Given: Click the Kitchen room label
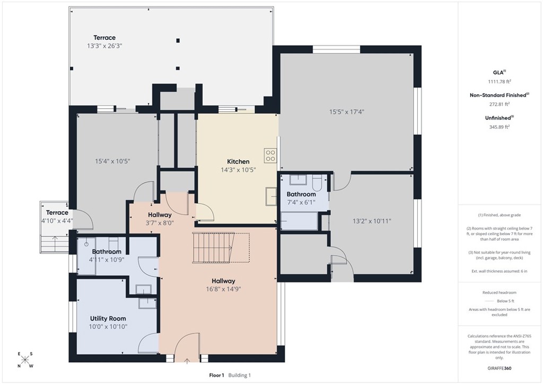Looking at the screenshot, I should point(238,161).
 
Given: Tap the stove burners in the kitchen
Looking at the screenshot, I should point(270,155).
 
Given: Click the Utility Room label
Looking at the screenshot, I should point(108,318).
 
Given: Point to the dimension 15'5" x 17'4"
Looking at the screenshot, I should point(347,112).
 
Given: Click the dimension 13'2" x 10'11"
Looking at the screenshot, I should point(372,221).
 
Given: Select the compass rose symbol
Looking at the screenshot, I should point(25,360).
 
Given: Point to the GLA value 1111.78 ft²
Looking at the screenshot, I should point(499,81).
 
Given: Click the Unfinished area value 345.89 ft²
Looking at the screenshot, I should point(499,127).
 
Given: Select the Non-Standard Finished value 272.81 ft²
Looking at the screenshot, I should point(499,104).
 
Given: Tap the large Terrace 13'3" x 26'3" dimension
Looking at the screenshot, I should point(105,46).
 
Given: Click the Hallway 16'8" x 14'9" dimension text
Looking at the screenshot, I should point(223,289).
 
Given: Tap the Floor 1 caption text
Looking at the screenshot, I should point(216,375).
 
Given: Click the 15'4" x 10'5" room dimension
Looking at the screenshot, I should point(112,161).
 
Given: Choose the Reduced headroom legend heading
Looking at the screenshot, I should point(499,293).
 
